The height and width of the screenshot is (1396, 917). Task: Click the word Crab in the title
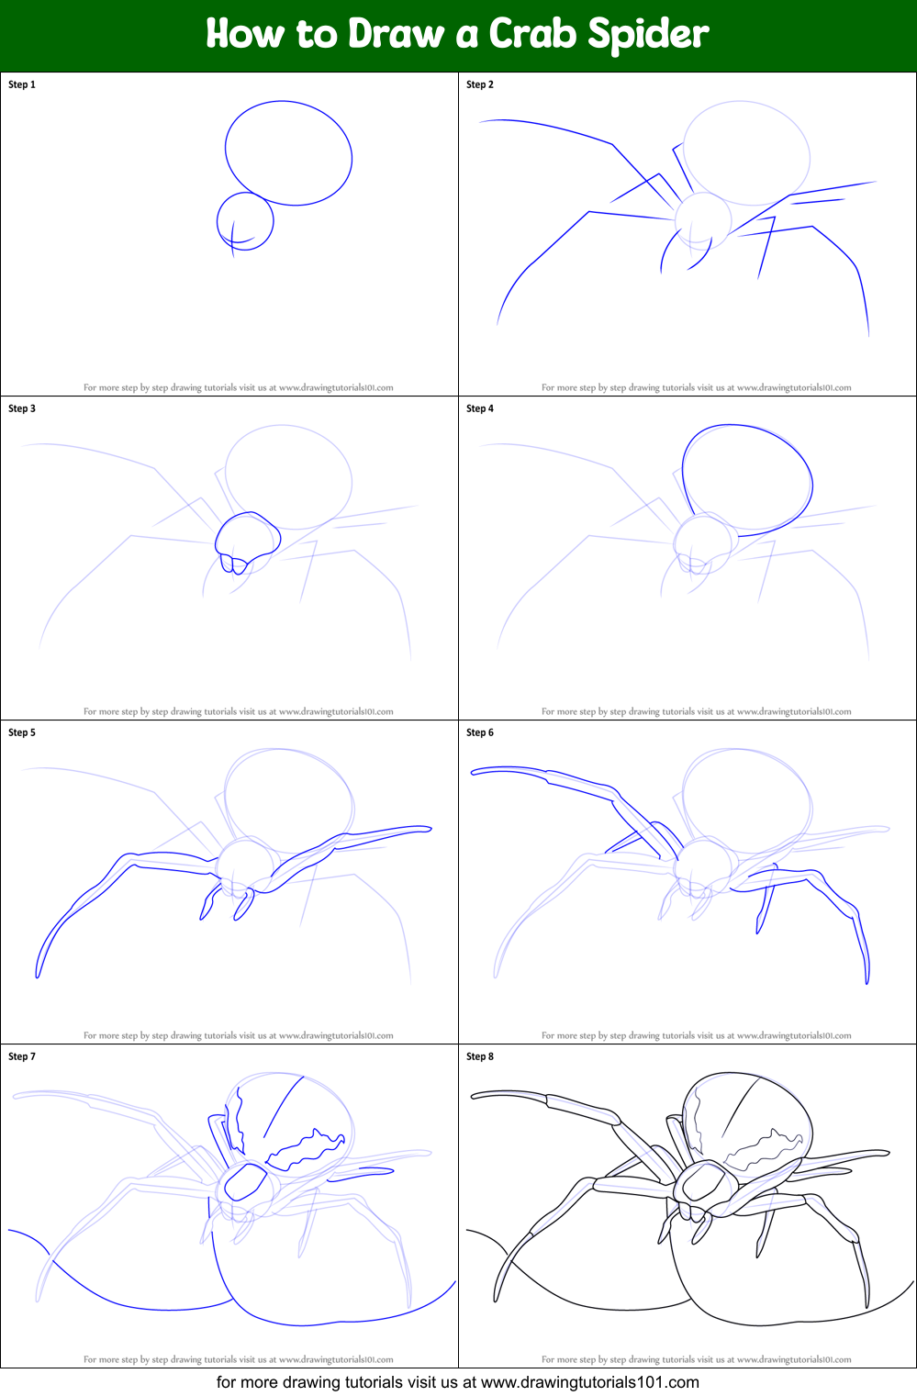[533, 34]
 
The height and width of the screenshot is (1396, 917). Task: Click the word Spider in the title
[648, 35]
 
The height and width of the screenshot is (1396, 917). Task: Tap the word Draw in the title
[397, 34]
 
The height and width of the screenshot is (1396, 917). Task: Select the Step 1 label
[22, 84]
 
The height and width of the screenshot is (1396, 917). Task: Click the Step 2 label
[480, 84]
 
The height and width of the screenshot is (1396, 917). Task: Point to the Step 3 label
[22, 408]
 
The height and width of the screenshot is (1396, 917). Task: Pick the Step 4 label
[480, 408]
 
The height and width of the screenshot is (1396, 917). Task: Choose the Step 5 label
[22, 732]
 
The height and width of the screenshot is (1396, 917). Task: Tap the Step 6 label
[480, 732]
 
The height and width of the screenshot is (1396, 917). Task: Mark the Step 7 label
[22, 1056]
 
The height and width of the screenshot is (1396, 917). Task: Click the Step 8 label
[480, 1056]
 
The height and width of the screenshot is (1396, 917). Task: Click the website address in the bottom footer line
[589, 1382]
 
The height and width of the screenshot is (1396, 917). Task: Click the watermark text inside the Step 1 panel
[239, 387]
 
